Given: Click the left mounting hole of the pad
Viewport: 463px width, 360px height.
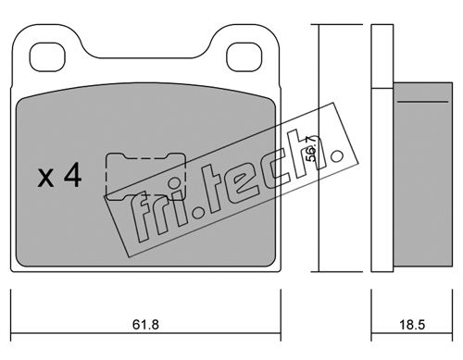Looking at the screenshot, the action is tap(47, 56).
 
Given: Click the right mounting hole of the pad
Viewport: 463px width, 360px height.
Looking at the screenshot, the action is tap(244, 56).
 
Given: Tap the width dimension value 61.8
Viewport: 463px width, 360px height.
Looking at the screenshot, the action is tap(145, 325).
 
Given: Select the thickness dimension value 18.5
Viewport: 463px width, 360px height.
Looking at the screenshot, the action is tap(412, 325).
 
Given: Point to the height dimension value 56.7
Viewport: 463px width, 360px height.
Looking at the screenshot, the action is tap(311, 148).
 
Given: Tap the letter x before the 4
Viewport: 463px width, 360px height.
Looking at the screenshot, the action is tap(45, 179).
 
